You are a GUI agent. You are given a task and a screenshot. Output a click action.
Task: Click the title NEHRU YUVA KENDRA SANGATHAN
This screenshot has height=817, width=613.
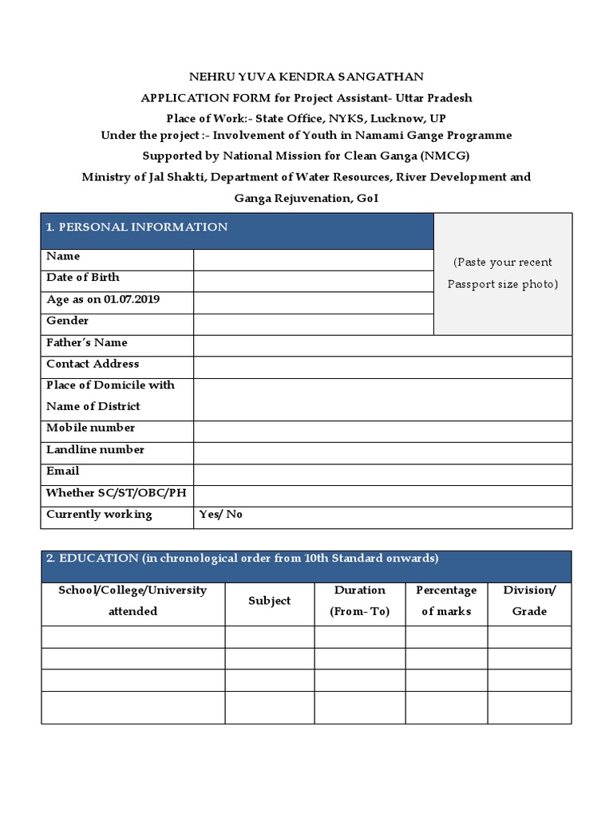point(306,77)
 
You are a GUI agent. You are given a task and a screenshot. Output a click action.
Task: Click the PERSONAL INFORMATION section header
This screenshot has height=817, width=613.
point(136,227)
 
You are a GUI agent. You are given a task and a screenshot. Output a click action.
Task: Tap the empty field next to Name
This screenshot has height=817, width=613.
point(313,260)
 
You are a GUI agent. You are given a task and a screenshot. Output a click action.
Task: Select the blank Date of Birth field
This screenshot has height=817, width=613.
point(313,281)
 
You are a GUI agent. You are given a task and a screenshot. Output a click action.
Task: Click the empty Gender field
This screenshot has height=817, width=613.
point(313,324)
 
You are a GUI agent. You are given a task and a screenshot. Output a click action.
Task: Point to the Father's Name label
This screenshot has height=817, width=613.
point(87,342)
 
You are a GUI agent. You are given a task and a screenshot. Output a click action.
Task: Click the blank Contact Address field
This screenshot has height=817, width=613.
point(382,367)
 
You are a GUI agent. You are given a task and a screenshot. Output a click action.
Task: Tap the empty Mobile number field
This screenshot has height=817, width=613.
point(382,432)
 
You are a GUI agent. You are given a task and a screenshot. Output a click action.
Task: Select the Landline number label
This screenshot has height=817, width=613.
point(96,449)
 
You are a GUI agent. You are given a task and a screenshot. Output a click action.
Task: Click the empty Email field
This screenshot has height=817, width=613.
point(382,475)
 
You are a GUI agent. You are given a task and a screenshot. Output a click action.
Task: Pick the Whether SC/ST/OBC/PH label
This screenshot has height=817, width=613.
point(116,493)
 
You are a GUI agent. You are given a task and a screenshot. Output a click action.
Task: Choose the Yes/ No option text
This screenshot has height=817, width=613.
point(221,515)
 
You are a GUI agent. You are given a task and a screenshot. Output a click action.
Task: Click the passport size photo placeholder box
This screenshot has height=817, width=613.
point(503,274)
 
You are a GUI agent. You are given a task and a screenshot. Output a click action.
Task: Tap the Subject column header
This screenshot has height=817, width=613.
point(269,601)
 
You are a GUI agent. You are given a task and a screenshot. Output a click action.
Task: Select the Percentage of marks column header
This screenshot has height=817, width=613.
point(446,601)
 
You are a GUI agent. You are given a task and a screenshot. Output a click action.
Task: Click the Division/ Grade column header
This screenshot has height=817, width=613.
point(529,601)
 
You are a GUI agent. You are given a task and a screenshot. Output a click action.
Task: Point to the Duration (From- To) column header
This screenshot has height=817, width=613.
point(360,601)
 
